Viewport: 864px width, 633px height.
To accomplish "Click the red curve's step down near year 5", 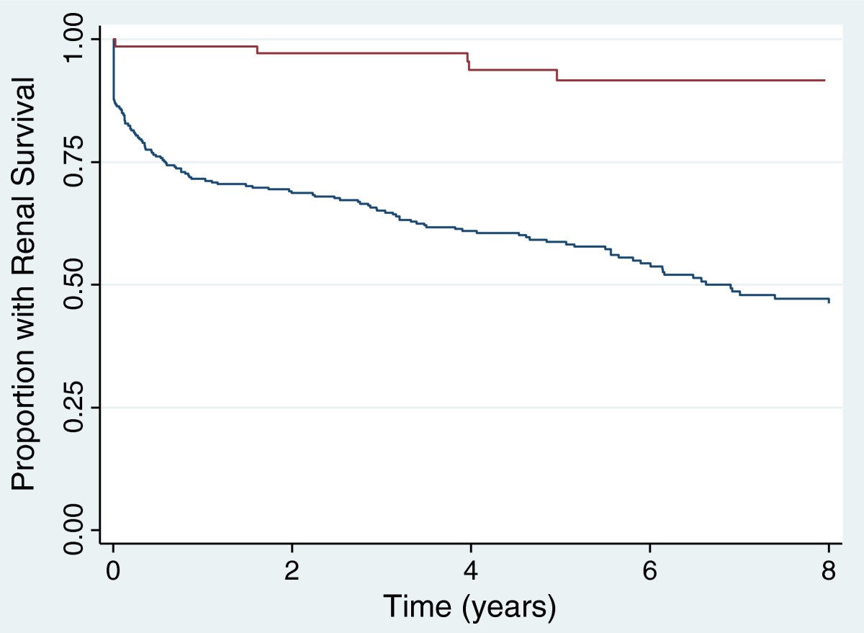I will tap(557, 75).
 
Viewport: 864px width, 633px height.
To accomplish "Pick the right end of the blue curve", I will tap(829, 300).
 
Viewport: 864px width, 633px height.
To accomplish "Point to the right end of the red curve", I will tap(824, 80).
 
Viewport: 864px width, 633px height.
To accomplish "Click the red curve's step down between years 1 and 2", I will tap(258, 50).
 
